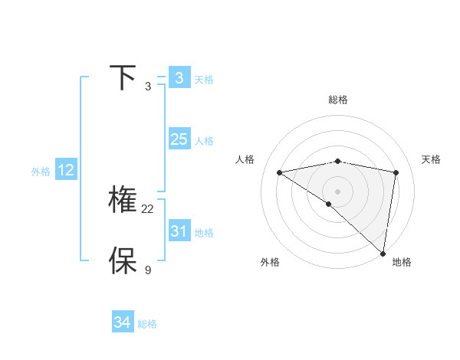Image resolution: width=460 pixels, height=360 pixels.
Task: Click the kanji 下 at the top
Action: pyautogui.click(x=123, y=78)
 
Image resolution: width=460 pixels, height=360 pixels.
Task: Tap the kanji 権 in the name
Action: pyautogui.click(x=123, y=200)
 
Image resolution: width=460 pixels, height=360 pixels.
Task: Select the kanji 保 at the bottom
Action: pyautogui.click(x=123, y=261)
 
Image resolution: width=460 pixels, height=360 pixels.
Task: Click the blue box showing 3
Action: pyautogui.click(x=179, y=78)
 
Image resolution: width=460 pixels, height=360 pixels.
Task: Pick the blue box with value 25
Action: pyautogui.click(x=179, y=139)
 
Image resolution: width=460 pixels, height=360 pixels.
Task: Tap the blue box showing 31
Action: pyautogui.click(x=179, y=231)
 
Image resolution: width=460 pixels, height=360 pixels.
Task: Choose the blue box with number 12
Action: pyautogui.click(x=66, y=170)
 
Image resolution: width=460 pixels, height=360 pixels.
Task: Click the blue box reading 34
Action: pyautogui.click(x=122, y=323)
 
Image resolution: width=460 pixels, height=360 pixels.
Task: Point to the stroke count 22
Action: pyautogui.click(x=148, y=209)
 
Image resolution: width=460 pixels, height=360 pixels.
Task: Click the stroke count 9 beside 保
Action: pyautogui.click(x=148, y=270)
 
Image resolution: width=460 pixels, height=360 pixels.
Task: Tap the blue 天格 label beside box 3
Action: pyautogui.click(x=204, y=80)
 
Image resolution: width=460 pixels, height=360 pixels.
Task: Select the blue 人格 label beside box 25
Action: pyautogui.click(x=204, y=141)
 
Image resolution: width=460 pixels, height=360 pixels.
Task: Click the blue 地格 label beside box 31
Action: pyautogui.click(x=204, y=233)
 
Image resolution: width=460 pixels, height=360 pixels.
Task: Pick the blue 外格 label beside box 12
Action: pyautogui.click(x=41, y=172)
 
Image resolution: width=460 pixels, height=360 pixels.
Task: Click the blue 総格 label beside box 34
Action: pyautogui.click(x=147, y=325)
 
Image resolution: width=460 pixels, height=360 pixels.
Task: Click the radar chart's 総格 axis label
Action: pyautogui.click(x=338, y=100)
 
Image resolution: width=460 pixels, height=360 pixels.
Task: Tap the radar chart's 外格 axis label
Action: pyautogui.click(x=270, y=262)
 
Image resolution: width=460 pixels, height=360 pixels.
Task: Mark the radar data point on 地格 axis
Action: pyautogui.click(x=383, y=253)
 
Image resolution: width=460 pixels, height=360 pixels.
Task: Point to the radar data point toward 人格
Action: pyautogui.click(x=280, y=172)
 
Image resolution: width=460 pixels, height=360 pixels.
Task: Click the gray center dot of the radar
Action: pyautogui.click(x=337, y=191)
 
